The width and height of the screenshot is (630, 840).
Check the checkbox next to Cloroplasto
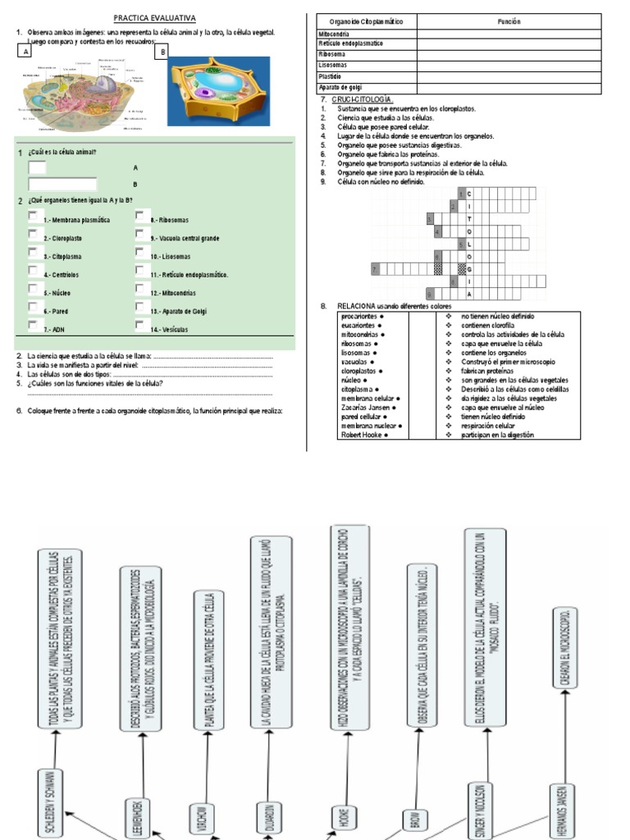(32, 235)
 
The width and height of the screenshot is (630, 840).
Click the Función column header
(509, 21)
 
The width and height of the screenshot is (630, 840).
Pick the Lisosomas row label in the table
(332, 65)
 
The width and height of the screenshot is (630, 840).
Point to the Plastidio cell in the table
(331, 75)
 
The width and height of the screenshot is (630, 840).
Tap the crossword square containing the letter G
(469, 268)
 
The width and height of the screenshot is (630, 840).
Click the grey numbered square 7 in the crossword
(375, 268)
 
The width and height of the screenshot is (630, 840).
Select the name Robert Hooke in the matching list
(363, 435)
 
